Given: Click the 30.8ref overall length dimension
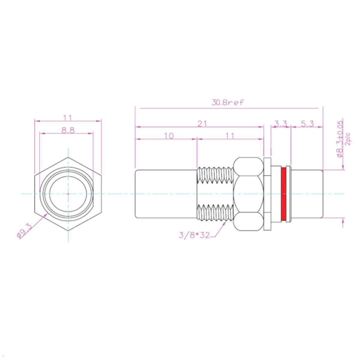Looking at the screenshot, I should pyautogui.click(x=228, y=103).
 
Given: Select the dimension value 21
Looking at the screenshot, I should pyautogui.click(x=202, y=124).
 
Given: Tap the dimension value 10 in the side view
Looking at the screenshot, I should pyautogui.click(x=169, y=136).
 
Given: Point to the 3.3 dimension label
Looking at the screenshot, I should pyautogui.click(x=281, y=124).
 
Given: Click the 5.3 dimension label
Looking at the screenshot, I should pyautogui.click(x=307, y=124).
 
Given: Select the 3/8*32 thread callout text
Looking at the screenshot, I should pyautogui.click(x=194, y=235).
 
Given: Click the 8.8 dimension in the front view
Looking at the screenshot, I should pyautogui.click(x=68, y=130).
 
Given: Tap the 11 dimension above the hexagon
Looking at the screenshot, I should pyautogui.click(x=68, y=118).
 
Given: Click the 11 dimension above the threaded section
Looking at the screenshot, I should pyautogui.click(x=229, y=136).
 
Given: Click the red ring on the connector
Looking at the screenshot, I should pyautogui.click(x=283, y=194).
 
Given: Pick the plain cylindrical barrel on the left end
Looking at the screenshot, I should pyautogui.click(x=166, y=194).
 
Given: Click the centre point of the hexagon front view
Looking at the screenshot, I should pyautogui.click(x=68, y=194).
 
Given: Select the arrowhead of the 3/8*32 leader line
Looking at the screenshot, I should pyautogui.click(x=225, y=223).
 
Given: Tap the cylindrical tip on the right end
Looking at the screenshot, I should pyautogui.click(x=307, y=194).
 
